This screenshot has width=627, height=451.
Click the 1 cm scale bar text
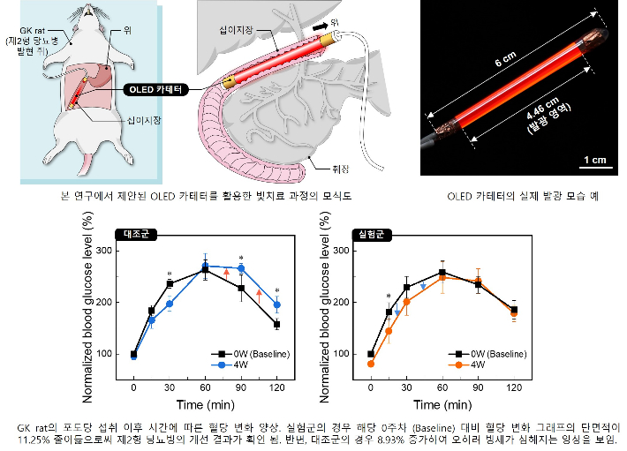click(594, 160)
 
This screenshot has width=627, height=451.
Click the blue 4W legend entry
click(232, 366)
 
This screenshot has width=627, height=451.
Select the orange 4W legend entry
click(468, 366)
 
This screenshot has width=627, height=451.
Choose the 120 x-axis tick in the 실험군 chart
click(514, 387)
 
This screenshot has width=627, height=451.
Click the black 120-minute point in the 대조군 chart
click(277, 324)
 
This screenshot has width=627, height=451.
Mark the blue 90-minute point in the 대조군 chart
click(241, 268)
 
